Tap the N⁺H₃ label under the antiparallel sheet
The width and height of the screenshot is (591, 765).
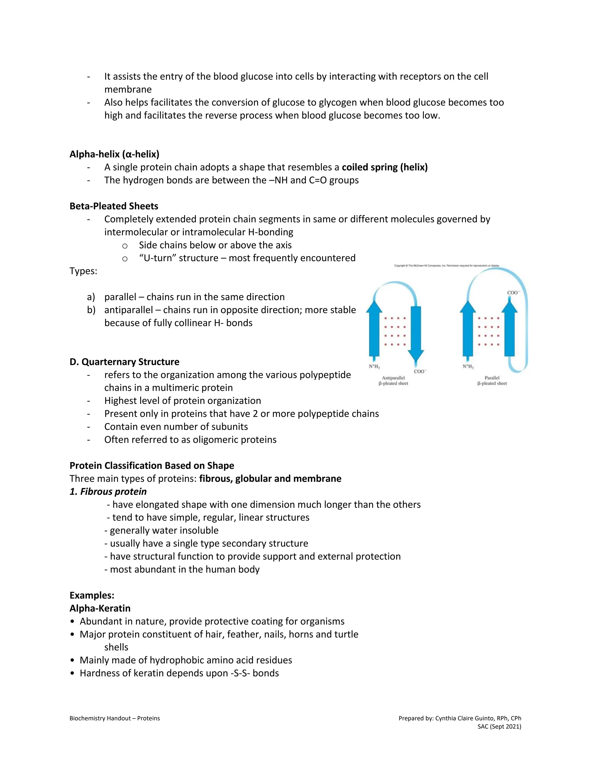click(374, 366)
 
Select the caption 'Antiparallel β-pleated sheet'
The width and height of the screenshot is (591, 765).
click(393, 380)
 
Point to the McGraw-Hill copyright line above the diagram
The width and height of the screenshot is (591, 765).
click(446, 266)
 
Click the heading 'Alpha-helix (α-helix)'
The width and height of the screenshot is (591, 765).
click(114, 154)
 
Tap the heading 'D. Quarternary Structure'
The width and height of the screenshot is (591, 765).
click(124, 362)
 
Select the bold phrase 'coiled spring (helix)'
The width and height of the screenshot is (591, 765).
click(384, 167)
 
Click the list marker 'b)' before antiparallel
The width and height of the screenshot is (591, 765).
click(91, 310)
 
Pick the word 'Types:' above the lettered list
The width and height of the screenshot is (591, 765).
click(83, 271)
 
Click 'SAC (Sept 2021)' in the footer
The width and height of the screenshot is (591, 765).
click(499, 727)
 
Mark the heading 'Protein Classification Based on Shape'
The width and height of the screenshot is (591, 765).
click(152, 466)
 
